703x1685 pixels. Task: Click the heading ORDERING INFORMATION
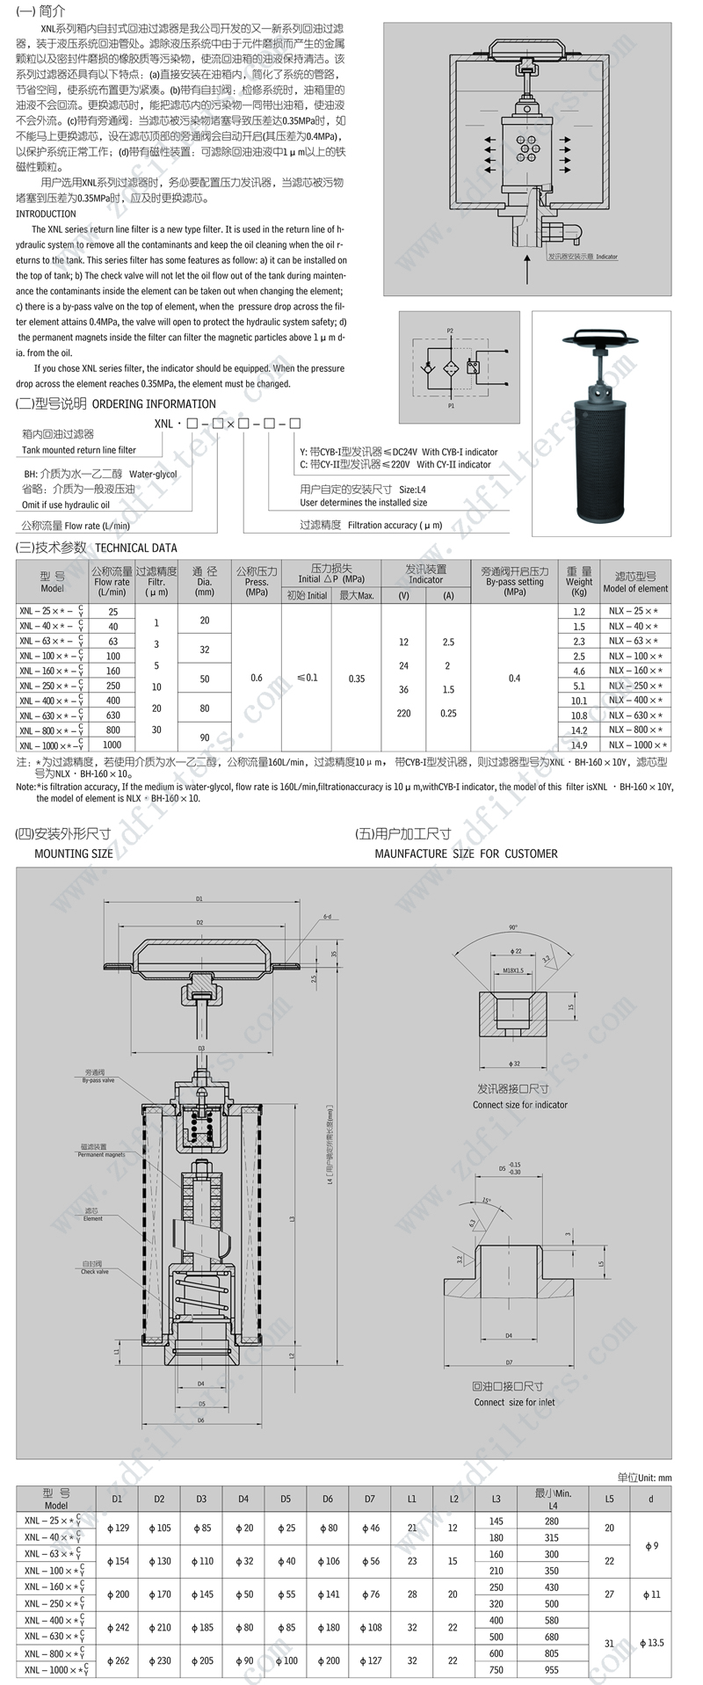point(154,404)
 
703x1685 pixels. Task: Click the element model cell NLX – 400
point(634,701)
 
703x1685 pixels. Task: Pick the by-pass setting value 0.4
point(514,678)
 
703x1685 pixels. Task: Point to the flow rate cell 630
point(112,715)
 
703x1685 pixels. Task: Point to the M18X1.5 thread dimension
point(513,970)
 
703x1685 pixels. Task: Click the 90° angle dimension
point(512,926)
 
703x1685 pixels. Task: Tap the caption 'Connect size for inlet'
point(514,1402)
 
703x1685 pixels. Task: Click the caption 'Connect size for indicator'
point(519,1105)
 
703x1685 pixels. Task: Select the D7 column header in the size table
point(369,1499)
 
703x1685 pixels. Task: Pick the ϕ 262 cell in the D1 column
point(118,1652)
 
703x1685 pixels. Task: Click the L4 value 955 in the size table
point(551,1669)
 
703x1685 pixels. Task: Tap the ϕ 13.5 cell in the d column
point(650,1643)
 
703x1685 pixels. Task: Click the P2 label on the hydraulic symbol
point(451,330)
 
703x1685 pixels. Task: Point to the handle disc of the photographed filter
point(604,338)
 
